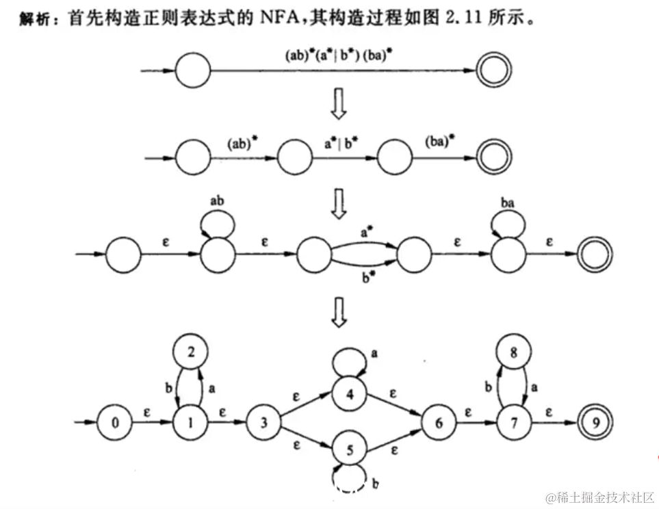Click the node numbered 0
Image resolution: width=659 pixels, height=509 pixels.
pyautogui.click(x=115, y=422)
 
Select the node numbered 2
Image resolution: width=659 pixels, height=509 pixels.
pyautogui.click(x=192, y=353)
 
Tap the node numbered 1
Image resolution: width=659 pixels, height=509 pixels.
pyautogui.click(x=192, y=422)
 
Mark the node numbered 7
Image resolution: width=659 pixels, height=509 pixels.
pyautogui.click(x=515, y=422)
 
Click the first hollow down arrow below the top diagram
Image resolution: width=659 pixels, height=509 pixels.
pyautogui.click(x=337, y=105)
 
